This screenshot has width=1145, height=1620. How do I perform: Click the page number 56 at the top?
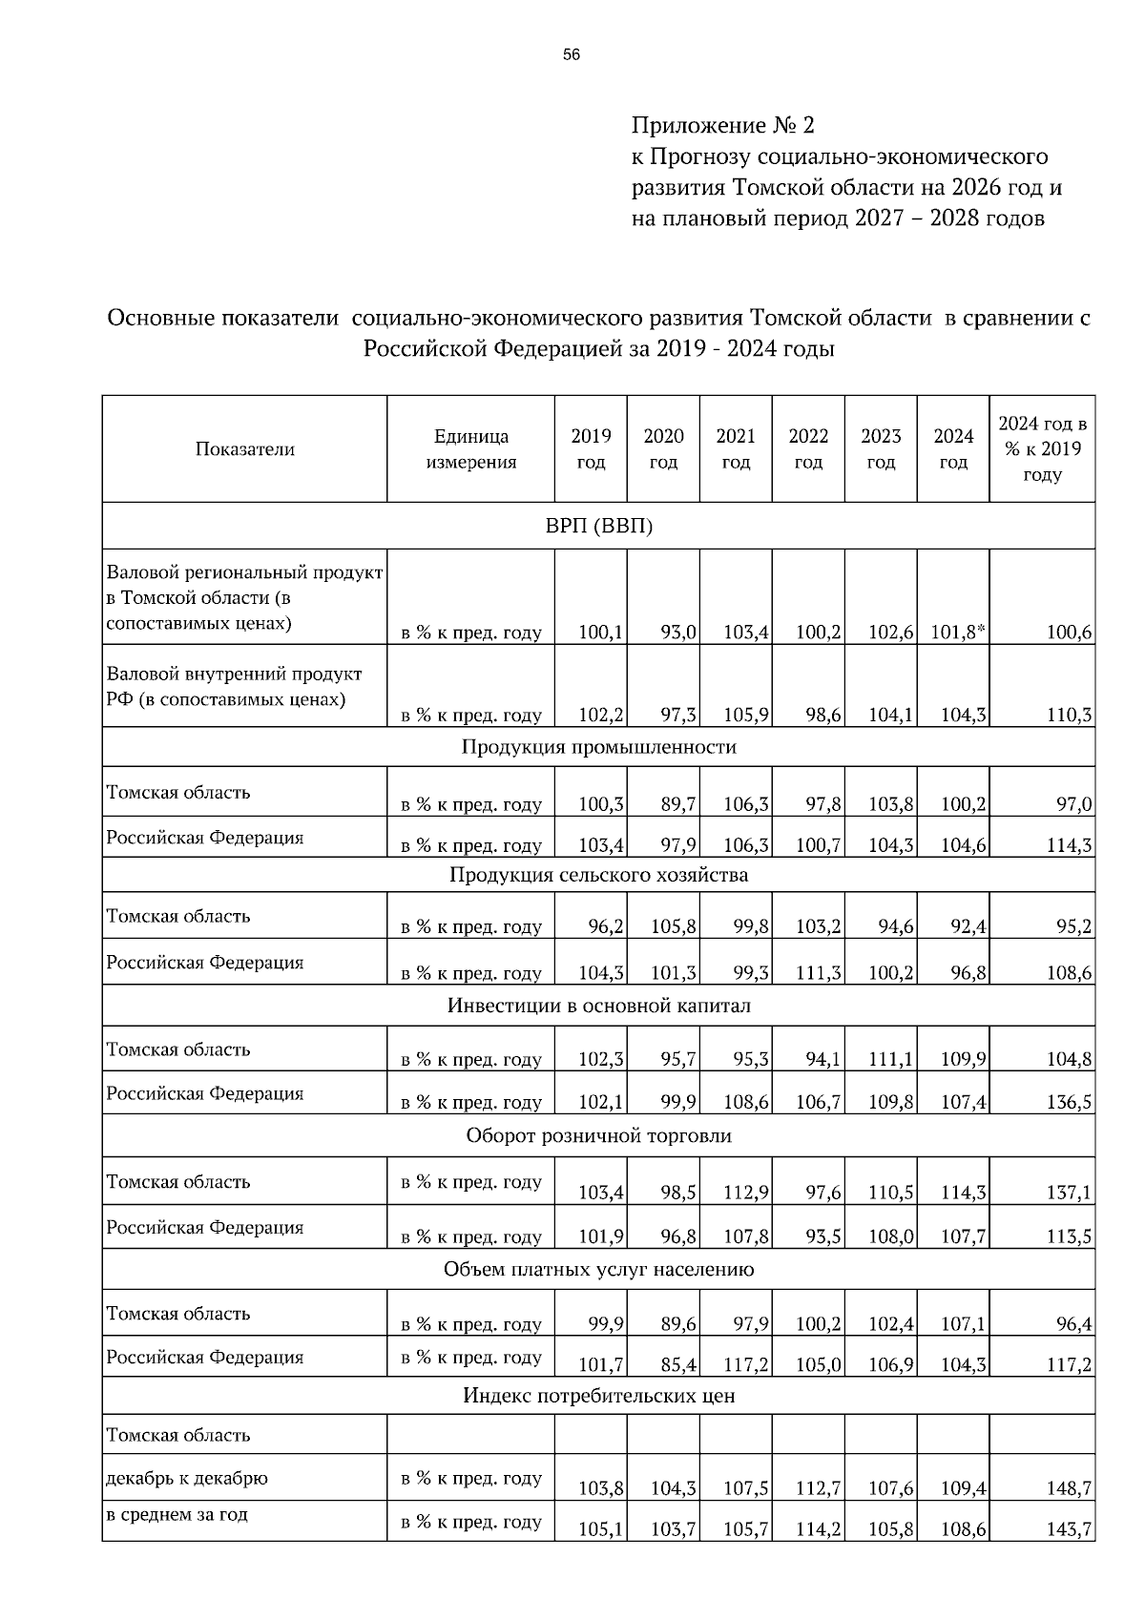(x=572, y=55)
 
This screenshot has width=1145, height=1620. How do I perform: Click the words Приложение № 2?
(x=723, y=125)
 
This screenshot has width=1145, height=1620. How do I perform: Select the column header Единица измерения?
(x=470, y=449)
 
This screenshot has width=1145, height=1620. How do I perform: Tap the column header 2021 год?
(x=736, y=449)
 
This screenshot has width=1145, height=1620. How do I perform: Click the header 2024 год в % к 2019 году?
(x=1042, y=449)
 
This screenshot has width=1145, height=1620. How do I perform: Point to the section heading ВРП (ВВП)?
(x=598, y=526)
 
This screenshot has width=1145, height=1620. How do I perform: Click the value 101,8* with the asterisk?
(x=953, y=632)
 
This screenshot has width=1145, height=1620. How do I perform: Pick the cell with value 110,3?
(x=1069, y=715)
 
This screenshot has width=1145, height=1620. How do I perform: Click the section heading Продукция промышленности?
(x=598, y=747)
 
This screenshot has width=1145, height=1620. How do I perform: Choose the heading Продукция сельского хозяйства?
(x=598, y=875)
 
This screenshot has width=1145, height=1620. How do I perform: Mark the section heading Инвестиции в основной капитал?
(x=598, y=1006)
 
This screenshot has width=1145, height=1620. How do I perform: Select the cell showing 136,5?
(x=1069, y=1102)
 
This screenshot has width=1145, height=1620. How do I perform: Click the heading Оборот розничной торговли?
(x=598, y=1136)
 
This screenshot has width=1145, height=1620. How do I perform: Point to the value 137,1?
(x=1069, y=1193)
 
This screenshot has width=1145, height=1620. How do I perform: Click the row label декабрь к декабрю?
(x=187, y=1478)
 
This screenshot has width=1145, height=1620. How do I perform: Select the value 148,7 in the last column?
(x=1069, y=1488)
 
